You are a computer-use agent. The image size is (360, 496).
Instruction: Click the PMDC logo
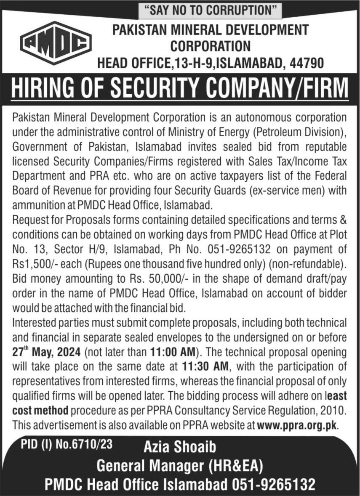(56, 43)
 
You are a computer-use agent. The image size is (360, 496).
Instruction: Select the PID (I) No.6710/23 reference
(67, 444)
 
